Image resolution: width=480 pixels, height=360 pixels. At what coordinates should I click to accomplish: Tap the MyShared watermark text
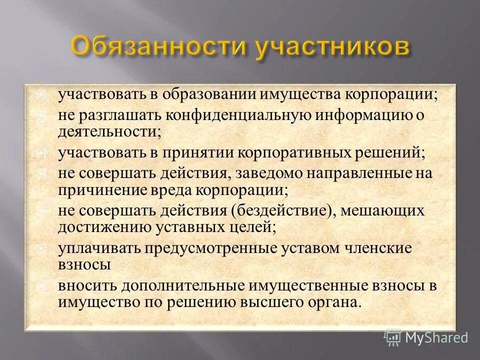[x=436, y=337]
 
